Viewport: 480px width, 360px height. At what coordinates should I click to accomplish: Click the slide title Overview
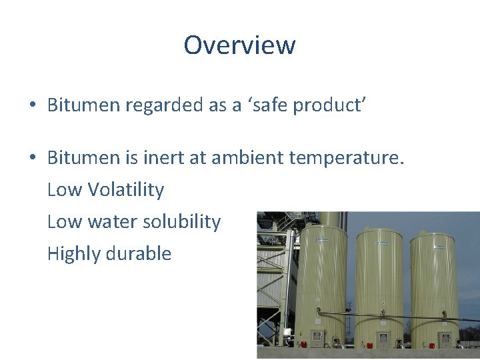pyautogui.click(x=239, y=45)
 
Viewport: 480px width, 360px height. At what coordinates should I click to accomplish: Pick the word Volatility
pyautogui.click(x=125, y=190)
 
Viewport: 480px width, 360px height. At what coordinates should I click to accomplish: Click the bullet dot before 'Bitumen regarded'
pyautogui.click(x=32, y=105)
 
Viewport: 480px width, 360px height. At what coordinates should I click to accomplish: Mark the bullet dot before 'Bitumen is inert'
pyautogui.click(x=32, y=159)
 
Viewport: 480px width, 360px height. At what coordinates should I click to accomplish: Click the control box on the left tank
pyautogui.click(x=317, y=336)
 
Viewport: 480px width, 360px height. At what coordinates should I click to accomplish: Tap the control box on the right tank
pyautogui.click(x=443, y=337)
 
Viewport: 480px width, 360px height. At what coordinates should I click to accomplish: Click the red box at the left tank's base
pyautogui.click(x=304, y=345)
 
